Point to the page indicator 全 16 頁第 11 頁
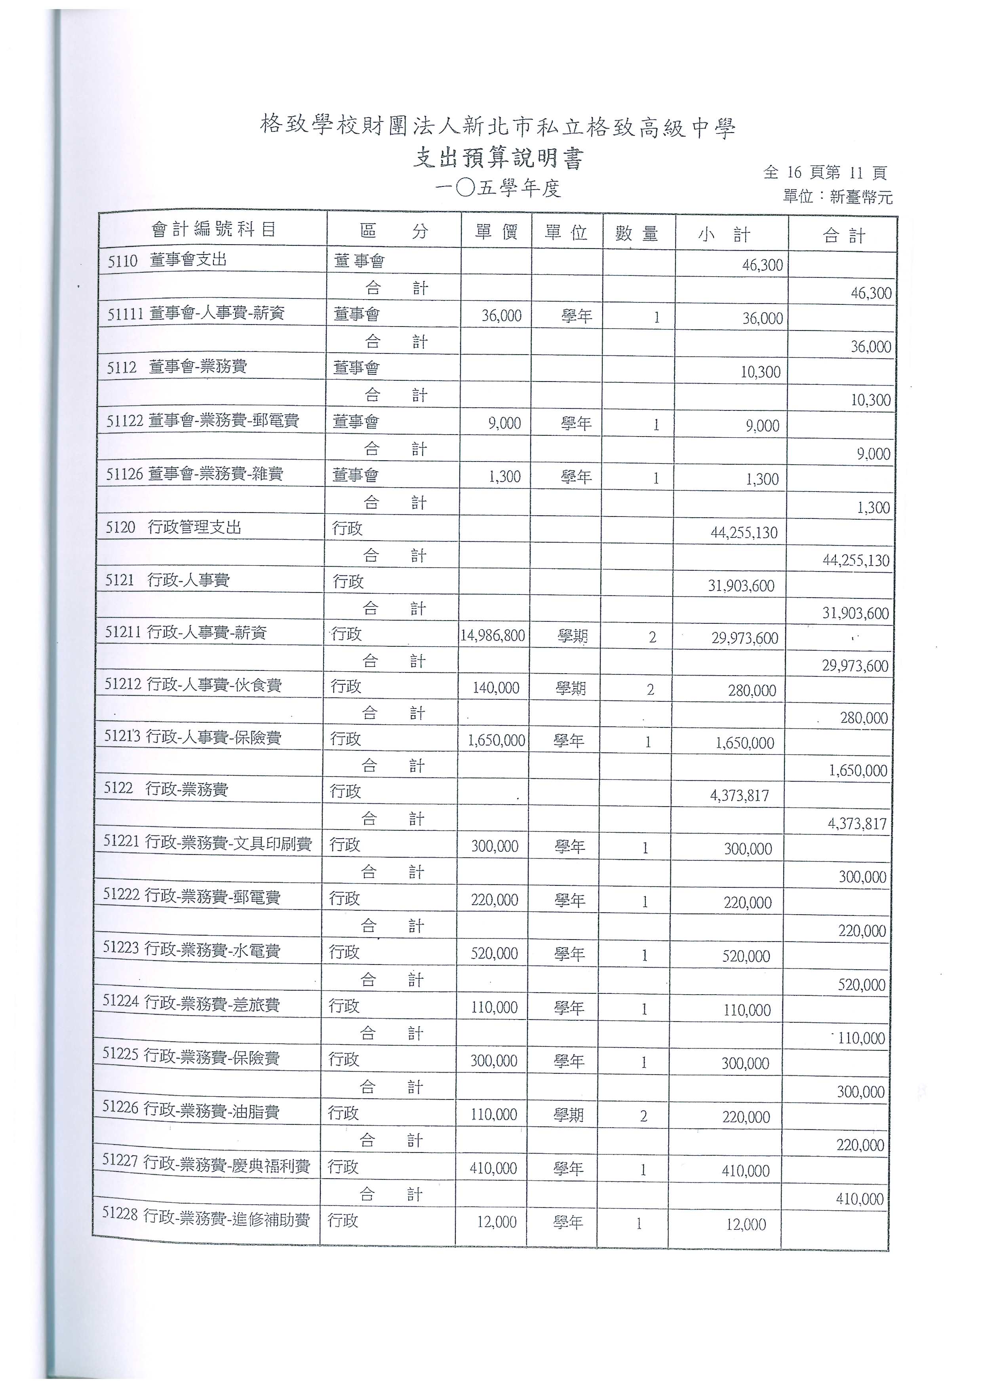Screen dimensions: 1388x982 [825, 173]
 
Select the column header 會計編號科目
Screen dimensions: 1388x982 [213, 229]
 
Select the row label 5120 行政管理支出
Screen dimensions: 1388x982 [173, 527]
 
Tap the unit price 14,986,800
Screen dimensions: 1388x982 [493, 635]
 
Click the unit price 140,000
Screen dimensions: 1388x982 [496, 688]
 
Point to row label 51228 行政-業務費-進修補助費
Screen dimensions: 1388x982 [206, 1219]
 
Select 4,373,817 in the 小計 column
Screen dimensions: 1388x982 [739, 796]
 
